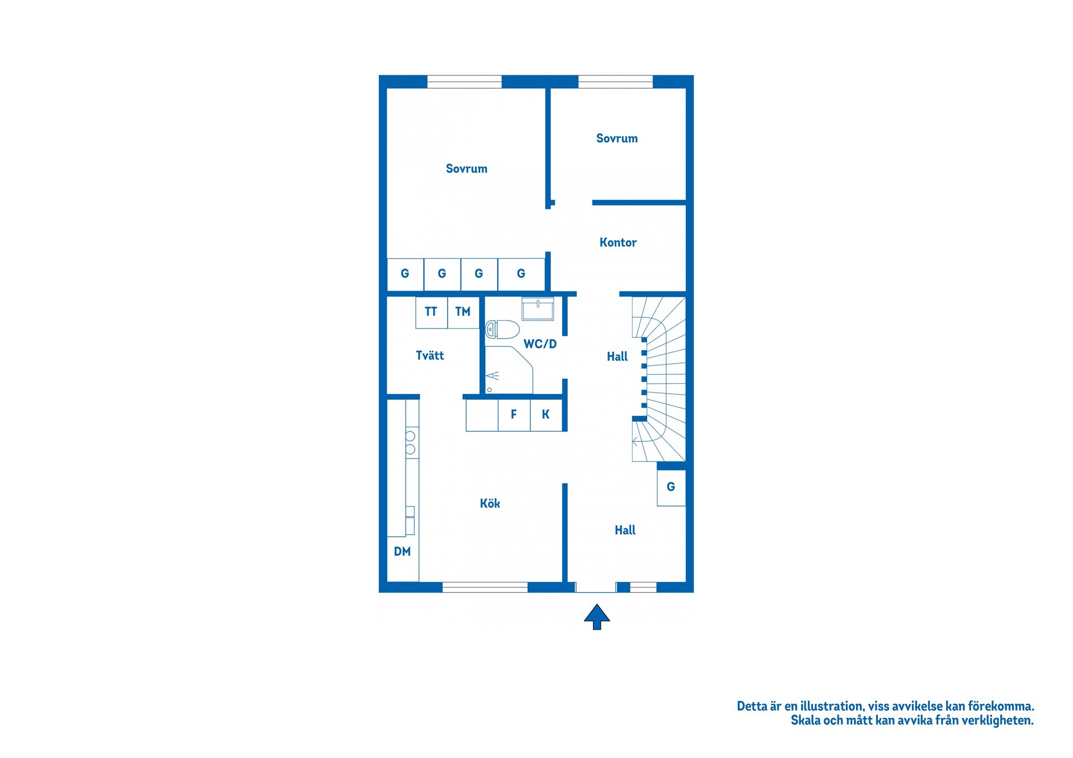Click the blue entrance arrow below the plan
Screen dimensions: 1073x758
(x=597, y=617)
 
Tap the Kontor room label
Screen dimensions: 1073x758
(x=618, y=242)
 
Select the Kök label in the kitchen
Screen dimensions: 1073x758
(x=490, y=503)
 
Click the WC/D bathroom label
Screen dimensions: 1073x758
(x=540, y=344)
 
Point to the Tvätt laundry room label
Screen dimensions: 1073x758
(x=430, y=355)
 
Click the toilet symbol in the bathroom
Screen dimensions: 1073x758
(x=502, y=330)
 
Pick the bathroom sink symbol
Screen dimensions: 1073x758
(x=538, y=308)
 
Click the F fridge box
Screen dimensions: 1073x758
(x=514, y=415)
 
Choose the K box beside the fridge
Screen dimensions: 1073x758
(x=546, y=415)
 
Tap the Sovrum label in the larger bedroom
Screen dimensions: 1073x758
(x=467, y=169)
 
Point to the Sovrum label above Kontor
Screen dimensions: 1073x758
(x=617, y=139)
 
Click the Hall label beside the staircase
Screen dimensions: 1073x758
(x=618, y=356)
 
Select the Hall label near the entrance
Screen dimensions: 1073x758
(x=625, y=530)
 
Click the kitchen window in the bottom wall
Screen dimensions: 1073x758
(x=485, y=587)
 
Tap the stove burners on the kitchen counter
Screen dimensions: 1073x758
(x=411, y=442)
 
